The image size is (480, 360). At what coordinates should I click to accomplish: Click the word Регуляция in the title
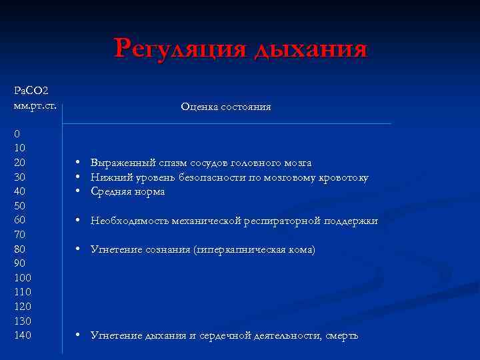(181, 49)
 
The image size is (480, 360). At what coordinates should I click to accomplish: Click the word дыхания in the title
(311, 49)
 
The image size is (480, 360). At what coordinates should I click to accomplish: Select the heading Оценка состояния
(225, 107)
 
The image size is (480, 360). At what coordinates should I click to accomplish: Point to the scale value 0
(17, 134)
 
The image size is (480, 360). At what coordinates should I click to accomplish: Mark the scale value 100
(22, 277)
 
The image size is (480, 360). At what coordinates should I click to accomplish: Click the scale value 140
(22, 335)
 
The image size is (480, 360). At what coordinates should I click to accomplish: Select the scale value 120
(22, 306)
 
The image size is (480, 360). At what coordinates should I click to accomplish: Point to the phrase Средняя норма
(127, 192)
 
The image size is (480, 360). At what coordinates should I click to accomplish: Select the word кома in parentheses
(301, 250)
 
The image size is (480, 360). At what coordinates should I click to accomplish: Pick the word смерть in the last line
(342, 335)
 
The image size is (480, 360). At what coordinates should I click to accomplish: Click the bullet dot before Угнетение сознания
(79, 249)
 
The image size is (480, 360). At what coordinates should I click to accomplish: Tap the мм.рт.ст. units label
(35, 105)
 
